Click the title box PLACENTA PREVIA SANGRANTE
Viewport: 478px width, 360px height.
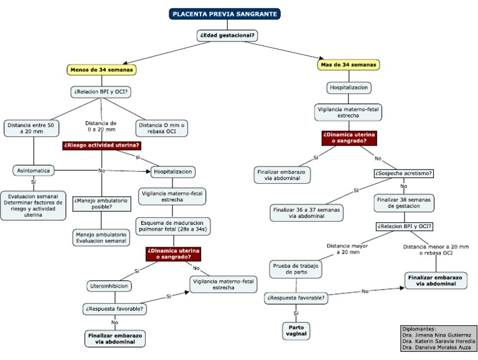[225, 14]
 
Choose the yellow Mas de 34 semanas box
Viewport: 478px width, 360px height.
[349, 65]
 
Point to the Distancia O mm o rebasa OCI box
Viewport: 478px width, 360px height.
[161, 128]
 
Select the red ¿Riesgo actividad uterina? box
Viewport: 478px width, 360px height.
[101, 146]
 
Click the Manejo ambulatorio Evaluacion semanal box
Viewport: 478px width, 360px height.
[101, 237]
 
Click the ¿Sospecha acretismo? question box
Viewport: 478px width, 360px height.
[403, 173]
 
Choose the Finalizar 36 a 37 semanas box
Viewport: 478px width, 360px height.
[306, 213]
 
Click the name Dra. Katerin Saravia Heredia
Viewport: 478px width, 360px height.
[439, 342]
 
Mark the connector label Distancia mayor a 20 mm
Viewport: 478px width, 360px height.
[343, 249]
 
